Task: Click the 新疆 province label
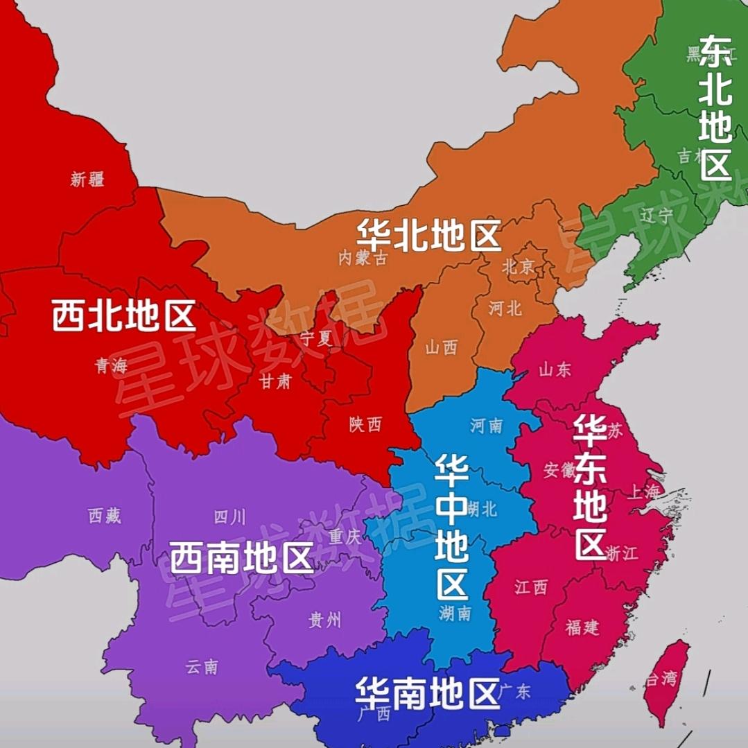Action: tap(87, 180)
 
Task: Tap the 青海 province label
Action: tap(111, 367)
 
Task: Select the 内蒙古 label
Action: tap(362, 259)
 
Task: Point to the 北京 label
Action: tap(518, 266)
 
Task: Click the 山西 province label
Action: tap(442, 348)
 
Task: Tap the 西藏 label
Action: tap(105, 515)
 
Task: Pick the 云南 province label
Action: tap(202, 667)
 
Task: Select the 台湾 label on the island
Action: tap(660, 679)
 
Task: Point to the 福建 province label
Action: tap(582, 628)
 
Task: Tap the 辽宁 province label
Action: tap(656, 216)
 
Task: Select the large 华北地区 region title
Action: tap(428, 236)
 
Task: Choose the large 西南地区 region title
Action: tap(242, 557)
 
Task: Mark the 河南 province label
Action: tap(486, 425)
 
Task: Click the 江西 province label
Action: tap(531, 588)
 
